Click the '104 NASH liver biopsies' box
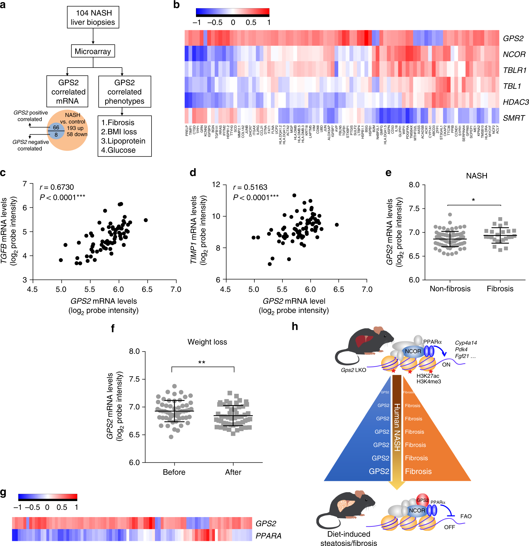tap(93, 17)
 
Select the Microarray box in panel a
tap(93, 51)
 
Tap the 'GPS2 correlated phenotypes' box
tap(125, 92)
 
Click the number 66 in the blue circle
tap(56, 127)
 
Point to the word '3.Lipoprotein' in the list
tap(123, 141)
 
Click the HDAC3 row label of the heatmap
tap(515, 102)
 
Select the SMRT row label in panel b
tap(513, 118)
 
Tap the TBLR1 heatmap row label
tap(514, 70)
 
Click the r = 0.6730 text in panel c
tap(57, 187)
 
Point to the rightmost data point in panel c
tap(145, 220)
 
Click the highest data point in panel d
tap(294, 195)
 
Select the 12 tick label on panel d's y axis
tap(216, 185)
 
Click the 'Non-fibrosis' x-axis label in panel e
tap(450, 289)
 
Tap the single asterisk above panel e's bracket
tap(473, 200)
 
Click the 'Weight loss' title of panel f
tap(207, 342)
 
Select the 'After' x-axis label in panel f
tap(233, 472)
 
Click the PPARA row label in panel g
tap(268, 536)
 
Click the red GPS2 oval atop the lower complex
tap(422, 500)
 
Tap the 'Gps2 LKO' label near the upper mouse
tap(353, 370)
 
